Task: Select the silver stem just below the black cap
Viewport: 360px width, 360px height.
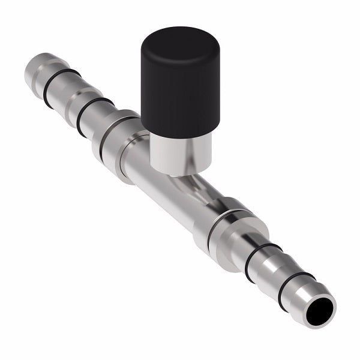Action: tap(180, 153)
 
